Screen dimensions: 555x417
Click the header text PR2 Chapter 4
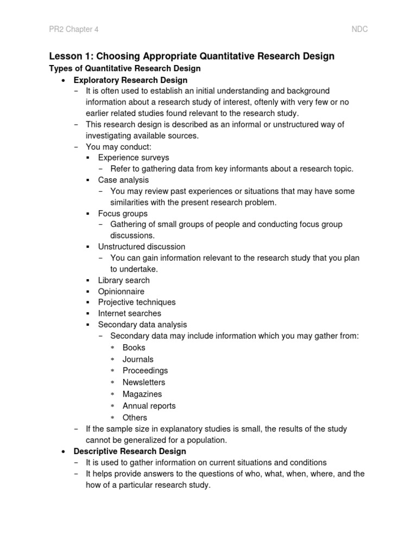[73, 29]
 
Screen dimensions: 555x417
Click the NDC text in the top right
[359, 29]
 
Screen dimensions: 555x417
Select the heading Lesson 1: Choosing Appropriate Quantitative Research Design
[192, 56]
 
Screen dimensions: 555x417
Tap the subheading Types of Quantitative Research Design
[125, 68]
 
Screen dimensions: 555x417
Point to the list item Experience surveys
[134, 157]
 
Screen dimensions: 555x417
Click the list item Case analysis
[123, 179]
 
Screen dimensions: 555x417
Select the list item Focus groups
[123, 214]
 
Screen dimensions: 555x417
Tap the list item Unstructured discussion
[142, 247]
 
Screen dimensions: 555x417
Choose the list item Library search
[124, 280]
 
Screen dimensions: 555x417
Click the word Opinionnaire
[121, 292]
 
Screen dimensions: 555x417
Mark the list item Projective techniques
[137, 302]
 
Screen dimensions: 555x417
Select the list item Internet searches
[130, 313]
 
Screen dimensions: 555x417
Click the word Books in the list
[134, 347]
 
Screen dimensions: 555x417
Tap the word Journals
[138, 359]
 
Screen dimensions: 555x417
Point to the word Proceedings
[145, 371]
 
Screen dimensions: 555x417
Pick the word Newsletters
[144, 382]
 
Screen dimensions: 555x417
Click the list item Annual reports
[149, 405]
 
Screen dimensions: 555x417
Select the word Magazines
[142, 394]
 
